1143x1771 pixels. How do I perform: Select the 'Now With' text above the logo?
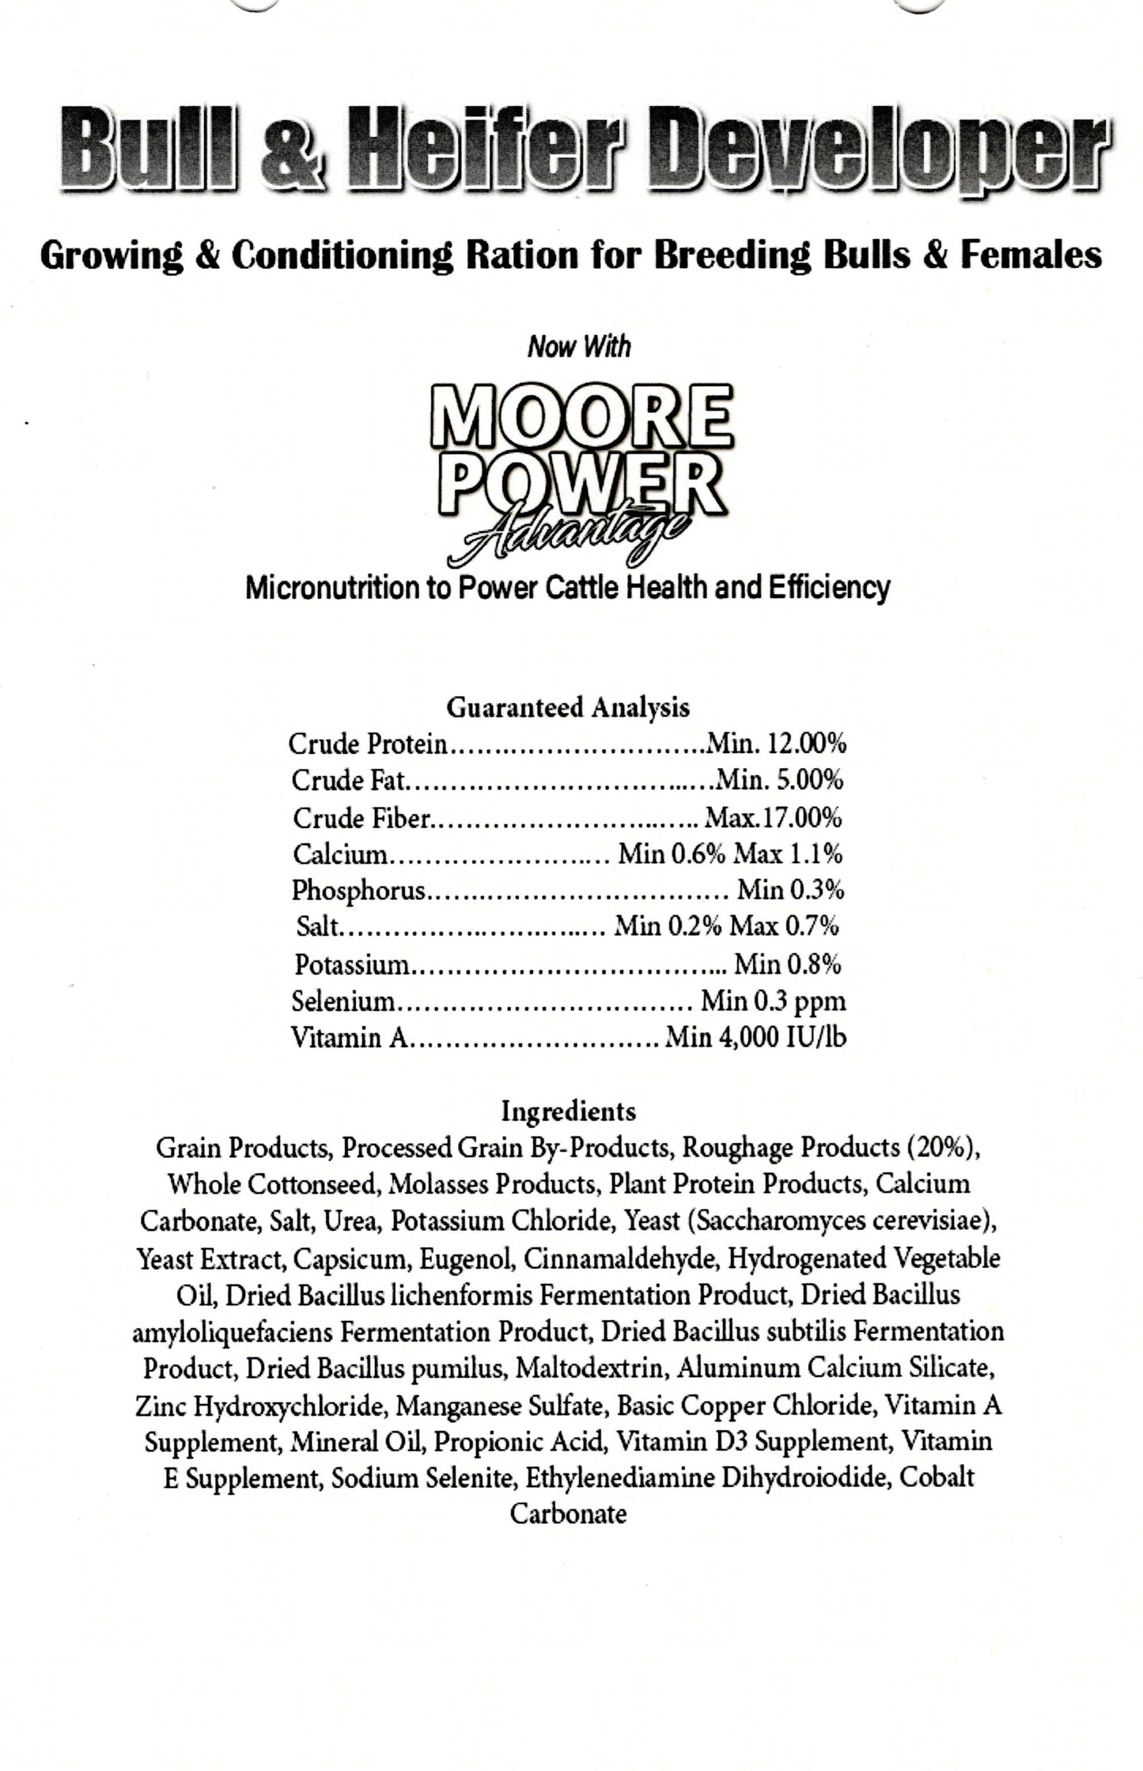tap(579, 346)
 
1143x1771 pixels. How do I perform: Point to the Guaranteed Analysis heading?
tap(568, 706)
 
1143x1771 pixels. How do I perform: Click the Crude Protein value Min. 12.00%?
tap(776, 744)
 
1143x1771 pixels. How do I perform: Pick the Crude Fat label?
tap(348, 781)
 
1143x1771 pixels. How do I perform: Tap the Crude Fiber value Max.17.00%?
tap(773, 817)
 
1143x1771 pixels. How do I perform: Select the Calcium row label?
tap(341, 854)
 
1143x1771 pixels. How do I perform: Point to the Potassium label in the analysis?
tap(352, 964)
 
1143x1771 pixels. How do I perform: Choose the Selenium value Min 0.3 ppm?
tap(773, 1001)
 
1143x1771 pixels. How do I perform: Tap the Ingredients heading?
tap(568, 1111)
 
